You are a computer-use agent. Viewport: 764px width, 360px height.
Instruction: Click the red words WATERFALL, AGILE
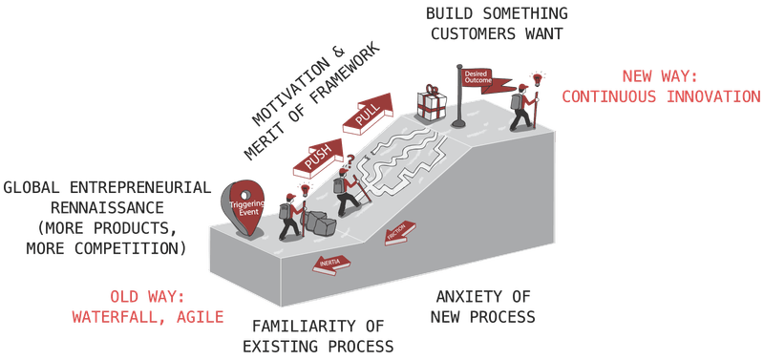pyautogui.click(x=148, y=314)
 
